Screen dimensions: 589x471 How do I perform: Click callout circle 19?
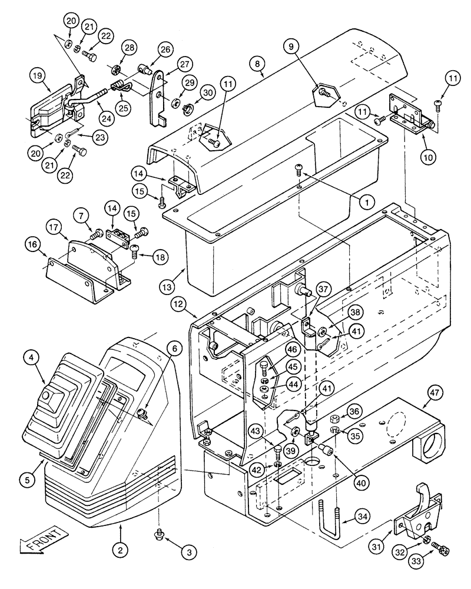click(37, 76)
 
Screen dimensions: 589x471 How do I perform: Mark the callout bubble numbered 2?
click(120, 550)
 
